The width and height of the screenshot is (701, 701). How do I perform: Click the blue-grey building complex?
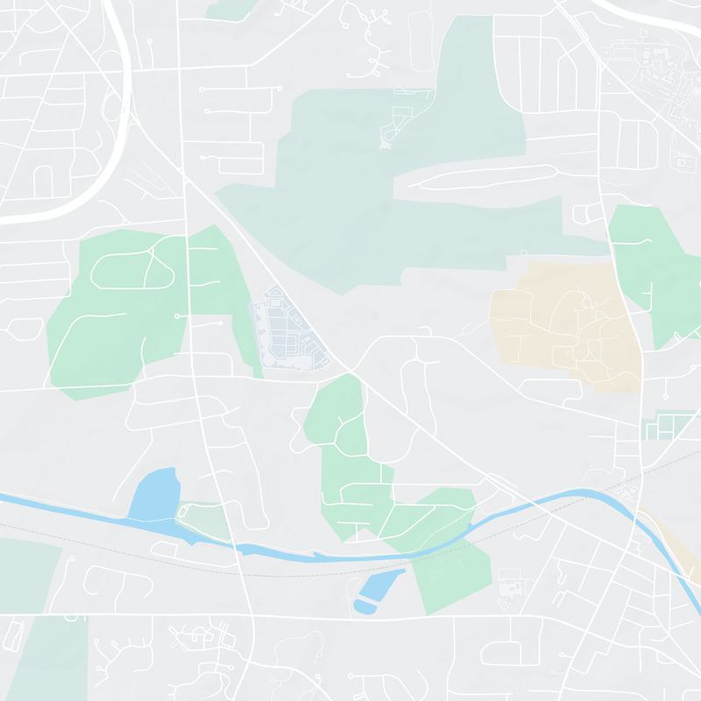point(286,334)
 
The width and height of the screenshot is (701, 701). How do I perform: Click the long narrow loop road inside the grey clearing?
point(482,178)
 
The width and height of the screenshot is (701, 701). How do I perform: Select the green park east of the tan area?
point(653,263)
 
